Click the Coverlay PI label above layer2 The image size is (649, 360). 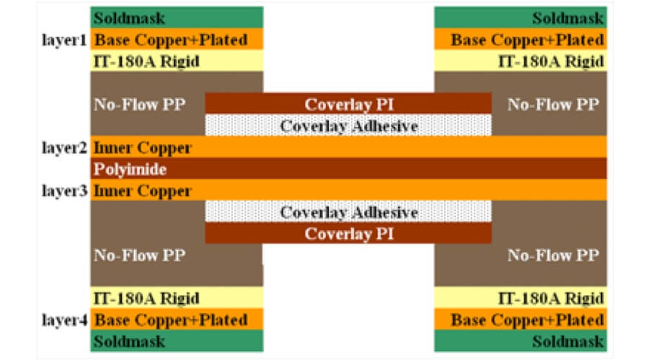click(x=348, y=104)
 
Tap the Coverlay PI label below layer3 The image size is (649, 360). click(x=348, y=234)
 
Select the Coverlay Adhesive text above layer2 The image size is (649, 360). click(x=349, y=126)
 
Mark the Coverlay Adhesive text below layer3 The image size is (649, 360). click(x=349, y=213)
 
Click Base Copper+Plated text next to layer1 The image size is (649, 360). click(x=171, y=40)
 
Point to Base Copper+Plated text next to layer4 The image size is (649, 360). click(x=171, y=320)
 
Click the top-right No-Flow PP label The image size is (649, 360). click(x=553, y=104)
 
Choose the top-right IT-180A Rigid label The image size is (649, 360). click(x=551, y=61)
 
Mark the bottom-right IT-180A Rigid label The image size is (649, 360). click(x=551, y=298)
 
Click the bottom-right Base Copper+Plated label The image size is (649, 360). click(x=527, y=320)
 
